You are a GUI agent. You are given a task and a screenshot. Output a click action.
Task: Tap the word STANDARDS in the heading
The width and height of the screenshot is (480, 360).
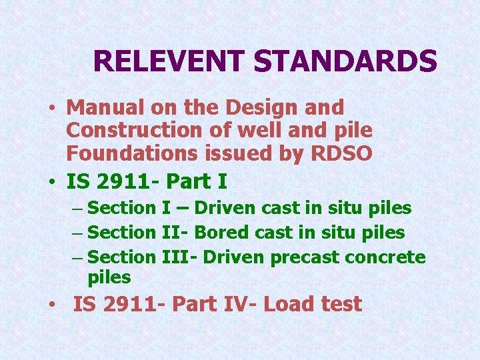[x=345, y=61]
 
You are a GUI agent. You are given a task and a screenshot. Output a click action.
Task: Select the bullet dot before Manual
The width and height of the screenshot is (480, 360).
[x=51, y=108]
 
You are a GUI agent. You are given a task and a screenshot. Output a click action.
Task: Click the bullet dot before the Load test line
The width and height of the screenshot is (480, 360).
[x=51, y=305]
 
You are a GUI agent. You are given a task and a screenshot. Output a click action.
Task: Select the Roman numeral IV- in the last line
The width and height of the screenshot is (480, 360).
[x=238, y=305]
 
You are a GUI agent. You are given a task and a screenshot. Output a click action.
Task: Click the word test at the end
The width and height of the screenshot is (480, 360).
[x=341, y=305]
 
